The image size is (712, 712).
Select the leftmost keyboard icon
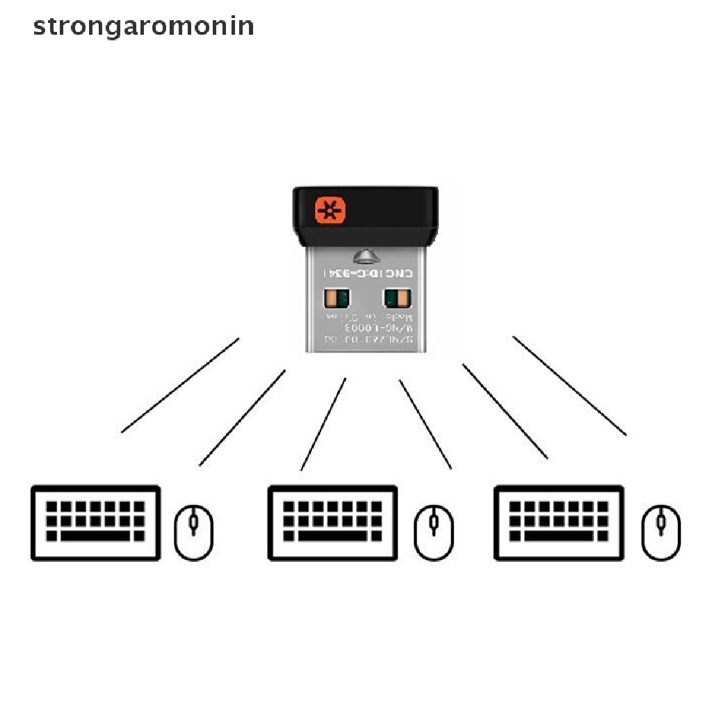(96, 523)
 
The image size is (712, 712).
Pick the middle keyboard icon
(333, 523)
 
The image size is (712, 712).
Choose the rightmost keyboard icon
(558, 523)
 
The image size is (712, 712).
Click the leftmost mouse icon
(193, 533)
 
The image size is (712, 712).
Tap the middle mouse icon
(434, 533)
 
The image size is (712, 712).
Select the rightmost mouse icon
(661, 533)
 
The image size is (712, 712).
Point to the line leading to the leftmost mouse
(242, 418)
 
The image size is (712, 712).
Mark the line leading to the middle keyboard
(323, 424)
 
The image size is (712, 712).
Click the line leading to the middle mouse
(426, 424)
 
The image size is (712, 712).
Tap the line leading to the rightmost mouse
(569, 386)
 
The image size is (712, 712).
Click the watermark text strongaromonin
(143, 26)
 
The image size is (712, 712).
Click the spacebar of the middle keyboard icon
(332, 537)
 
